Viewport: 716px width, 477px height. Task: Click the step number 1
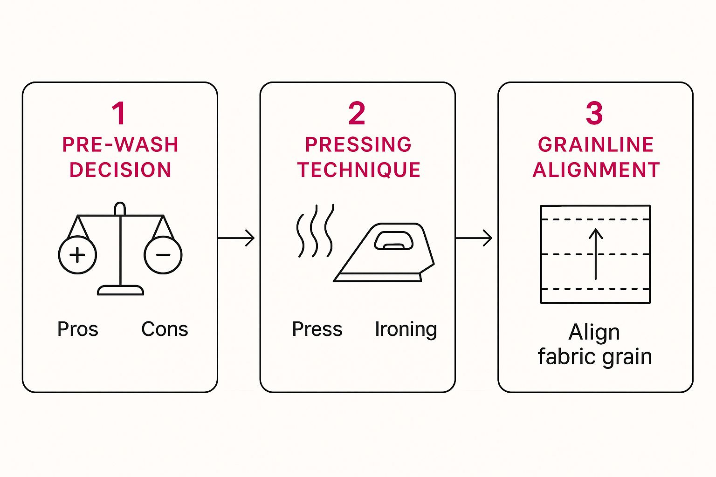(x=119, y=114)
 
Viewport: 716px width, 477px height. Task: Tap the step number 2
(x=357, y=114)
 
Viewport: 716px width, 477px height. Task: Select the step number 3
(x=594, y=114)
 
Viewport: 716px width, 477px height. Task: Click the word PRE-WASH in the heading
(x=120, y=145)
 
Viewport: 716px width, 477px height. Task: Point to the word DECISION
(x=120, y=170)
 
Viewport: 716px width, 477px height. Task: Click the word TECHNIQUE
(x=359, y=170)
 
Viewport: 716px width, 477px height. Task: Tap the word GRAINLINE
(x=596, y=145)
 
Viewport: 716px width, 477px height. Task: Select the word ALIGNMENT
(x=596, y=170)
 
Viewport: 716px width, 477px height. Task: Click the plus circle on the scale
(x=77, y=255)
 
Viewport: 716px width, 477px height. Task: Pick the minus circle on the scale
(x=163, y=255)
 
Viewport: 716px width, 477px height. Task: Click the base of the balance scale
(x=120, y=290)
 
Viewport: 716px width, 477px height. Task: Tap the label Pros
(x=77, y=329)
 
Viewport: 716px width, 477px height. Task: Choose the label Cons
(x=165, y=329)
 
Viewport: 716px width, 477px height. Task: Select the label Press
(x=317, y=329)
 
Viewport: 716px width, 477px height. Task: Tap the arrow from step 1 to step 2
(x=236, y=238)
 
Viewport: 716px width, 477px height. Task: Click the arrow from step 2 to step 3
(x=474, y=238)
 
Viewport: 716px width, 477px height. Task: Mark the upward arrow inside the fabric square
(x=596, y=254)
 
